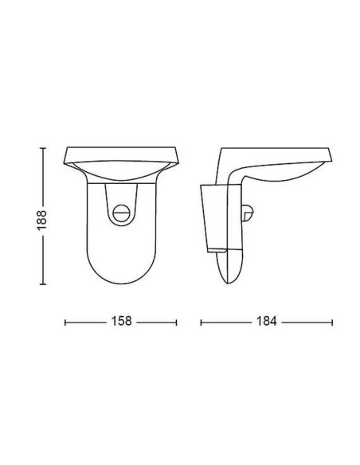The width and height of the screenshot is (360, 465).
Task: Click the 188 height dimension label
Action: click(41, 220)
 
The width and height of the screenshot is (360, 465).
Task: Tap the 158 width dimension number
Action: click(121, 321)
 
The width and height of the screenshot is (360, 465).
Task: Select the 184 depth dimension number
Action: click(266, 321)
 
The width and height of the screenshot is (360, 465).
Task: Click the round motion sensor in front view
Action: click(122, 213)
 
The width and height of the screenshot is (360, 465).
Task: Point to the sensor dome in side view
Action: click(248, 213)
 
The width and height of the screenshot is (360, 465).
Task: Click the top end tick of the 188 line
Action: click(43, 147)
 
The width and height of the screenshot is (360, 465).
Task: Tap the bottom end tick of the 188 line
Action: click(43, 284)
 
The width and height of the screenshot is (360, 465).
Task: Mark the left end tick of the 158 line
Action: click(65, 322)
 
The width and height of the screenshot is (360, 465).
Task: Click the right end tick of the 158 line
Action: click(177, 322)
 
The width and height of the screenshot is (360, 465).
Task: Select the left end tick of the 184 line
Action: click(201, 322)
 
